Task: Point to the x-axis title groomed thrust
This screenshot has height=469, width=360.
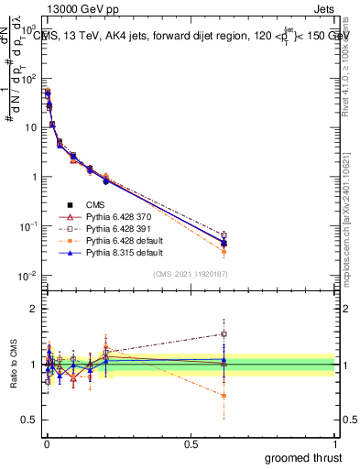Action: (303, 456)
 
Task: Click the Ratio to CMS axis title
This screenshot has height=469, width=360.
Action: (12, 365)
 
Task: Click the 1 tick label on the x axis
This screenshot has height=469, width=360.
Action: (336, 443)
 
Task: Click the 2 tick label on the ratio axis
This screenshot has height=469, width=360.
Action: (33, 309)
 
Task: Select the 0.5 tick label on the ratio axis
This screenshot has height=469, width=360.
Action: (30, 420)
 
